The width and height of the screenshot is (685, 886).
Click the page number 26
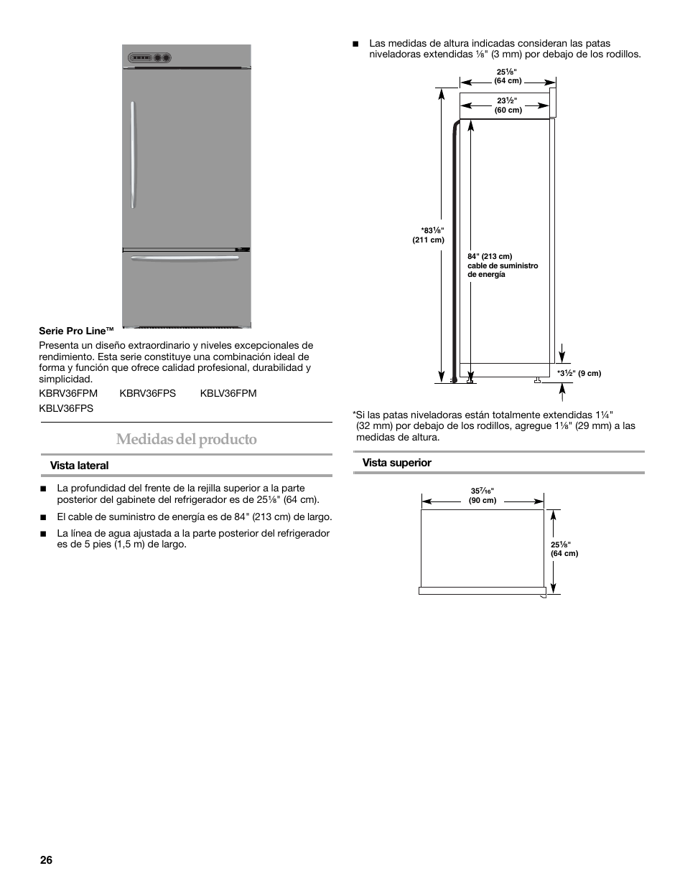[45, 859]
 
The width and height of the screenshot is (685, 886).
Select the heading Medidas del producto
[187, 439]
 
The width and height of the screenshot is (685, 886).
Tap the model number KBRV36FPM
[68, 393]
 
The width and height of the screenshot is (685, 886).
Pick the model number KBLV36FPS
[66, 408]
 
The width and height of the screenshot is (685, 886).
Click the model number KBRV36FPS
[148, 393]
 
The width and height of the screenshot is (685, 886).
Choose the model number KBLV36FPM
[228, 393]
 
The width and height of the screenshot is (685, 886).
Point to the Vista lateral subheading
[79, 466]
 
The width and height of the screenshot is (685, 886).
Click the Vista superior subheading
[396, 463]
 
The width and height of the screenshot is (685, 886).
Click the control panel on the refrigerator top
[151, 57]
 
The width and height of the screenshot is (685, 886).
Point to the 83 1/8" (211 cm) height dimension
[429, 235]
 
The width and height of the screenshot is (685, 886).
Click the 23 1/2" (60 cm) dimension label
[508, 105]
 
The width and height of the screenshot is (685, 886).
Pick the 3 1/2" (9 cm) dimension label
[579, 373]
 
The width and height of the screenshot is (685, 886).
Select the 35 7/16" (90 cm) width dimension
[483, 496]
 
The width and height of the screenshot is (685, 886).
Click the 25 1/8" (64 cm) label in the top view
[564, 549]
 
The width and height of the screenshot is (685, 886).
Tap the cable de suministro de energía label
[502, 265]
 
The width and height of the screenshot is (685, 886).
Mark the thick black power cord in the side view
[453, 251]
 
